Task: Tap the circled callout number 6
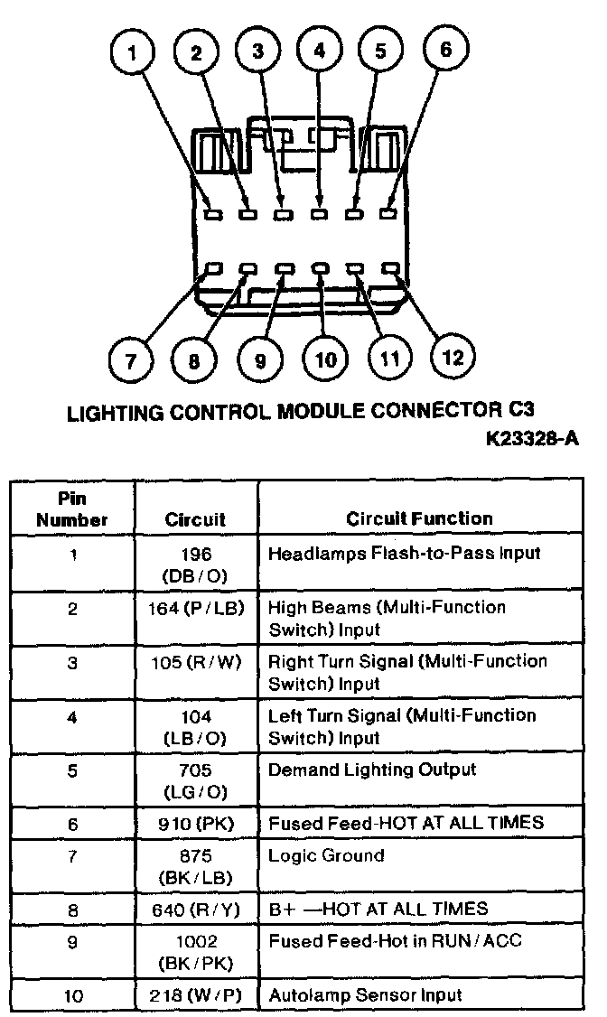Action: pos(445,49)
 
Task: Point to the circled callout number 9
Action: pos(260,361)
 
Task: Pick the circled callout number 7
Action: pos(131,361)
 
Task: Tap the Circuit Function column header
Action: pos(420,518)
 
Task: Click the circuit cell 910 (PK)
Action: pos(196,823)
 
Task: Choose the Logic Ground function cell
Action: pos(326,855)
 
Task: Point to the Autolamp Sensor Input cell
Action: pos(364,995)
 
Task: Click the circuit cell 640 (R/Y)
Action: pos(196,910)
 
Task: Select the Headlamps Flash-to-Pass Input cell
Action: pos(404,554)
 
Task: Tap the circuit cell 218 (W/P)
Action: pos(196,995)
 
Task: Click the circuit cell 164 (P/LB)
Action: pos(196,608)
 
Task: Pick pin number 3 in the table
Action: pos(72,663)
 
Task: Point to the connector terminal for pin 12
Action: pos(390,268)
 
